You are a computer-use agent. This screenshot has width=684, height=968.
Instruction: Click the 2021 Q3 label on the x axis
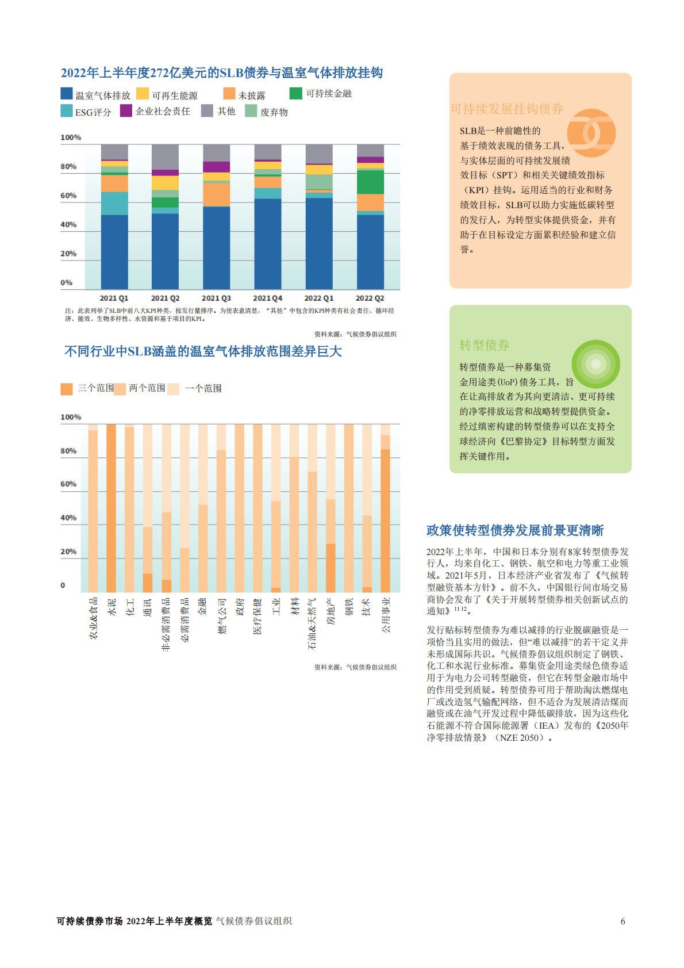tap(216, 298)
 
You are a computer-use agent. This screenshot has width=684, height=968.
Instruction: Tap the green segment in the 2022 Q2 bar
tap(370, 182)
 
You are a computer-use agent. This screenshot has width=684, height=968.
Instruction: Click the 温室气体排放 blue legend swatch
tap(67, 94)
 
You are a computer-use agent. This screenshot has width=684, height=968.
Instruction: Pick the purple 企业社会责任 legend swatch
tap(126, 110)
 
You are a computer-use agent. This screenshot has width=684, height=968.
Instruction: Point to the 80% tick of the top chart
tap(68, 167)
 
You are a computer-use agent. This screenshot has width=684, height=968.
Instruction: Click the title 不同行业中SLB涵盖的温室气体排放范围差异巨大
tap(203, 351)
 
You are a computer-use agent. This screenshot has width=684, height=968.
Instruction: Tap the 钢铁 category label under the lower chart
tap(349, 607)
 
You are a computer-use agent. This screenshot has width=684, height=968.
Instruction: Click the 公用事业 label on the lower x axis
tap(386, 614)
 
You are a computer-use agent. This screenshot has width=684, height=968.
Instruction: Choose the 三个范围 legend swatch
tap(67, 389)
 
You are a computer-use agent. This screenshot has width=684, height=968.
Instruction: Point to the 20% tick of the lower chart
tap(68, 552)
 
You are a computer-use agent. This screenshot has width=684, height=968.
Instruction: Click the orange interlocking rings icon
tap(591, 133)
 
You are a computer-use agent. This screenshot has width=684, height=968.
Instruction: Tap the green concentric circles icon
tap(596, 364)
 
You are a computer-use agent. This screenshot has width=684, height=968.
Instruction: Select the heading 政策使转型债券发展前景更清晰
tap(515, 530)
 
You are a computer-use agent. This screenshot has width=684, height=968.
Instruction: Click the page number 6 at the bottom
tap(622, 921)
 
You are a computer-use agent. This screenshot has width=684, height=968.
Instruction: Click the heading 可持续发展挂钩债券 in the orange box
tap(506, 109)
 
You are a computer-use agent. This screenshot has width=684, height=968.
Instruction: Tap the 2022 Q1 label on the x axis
tap(318, 298)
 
